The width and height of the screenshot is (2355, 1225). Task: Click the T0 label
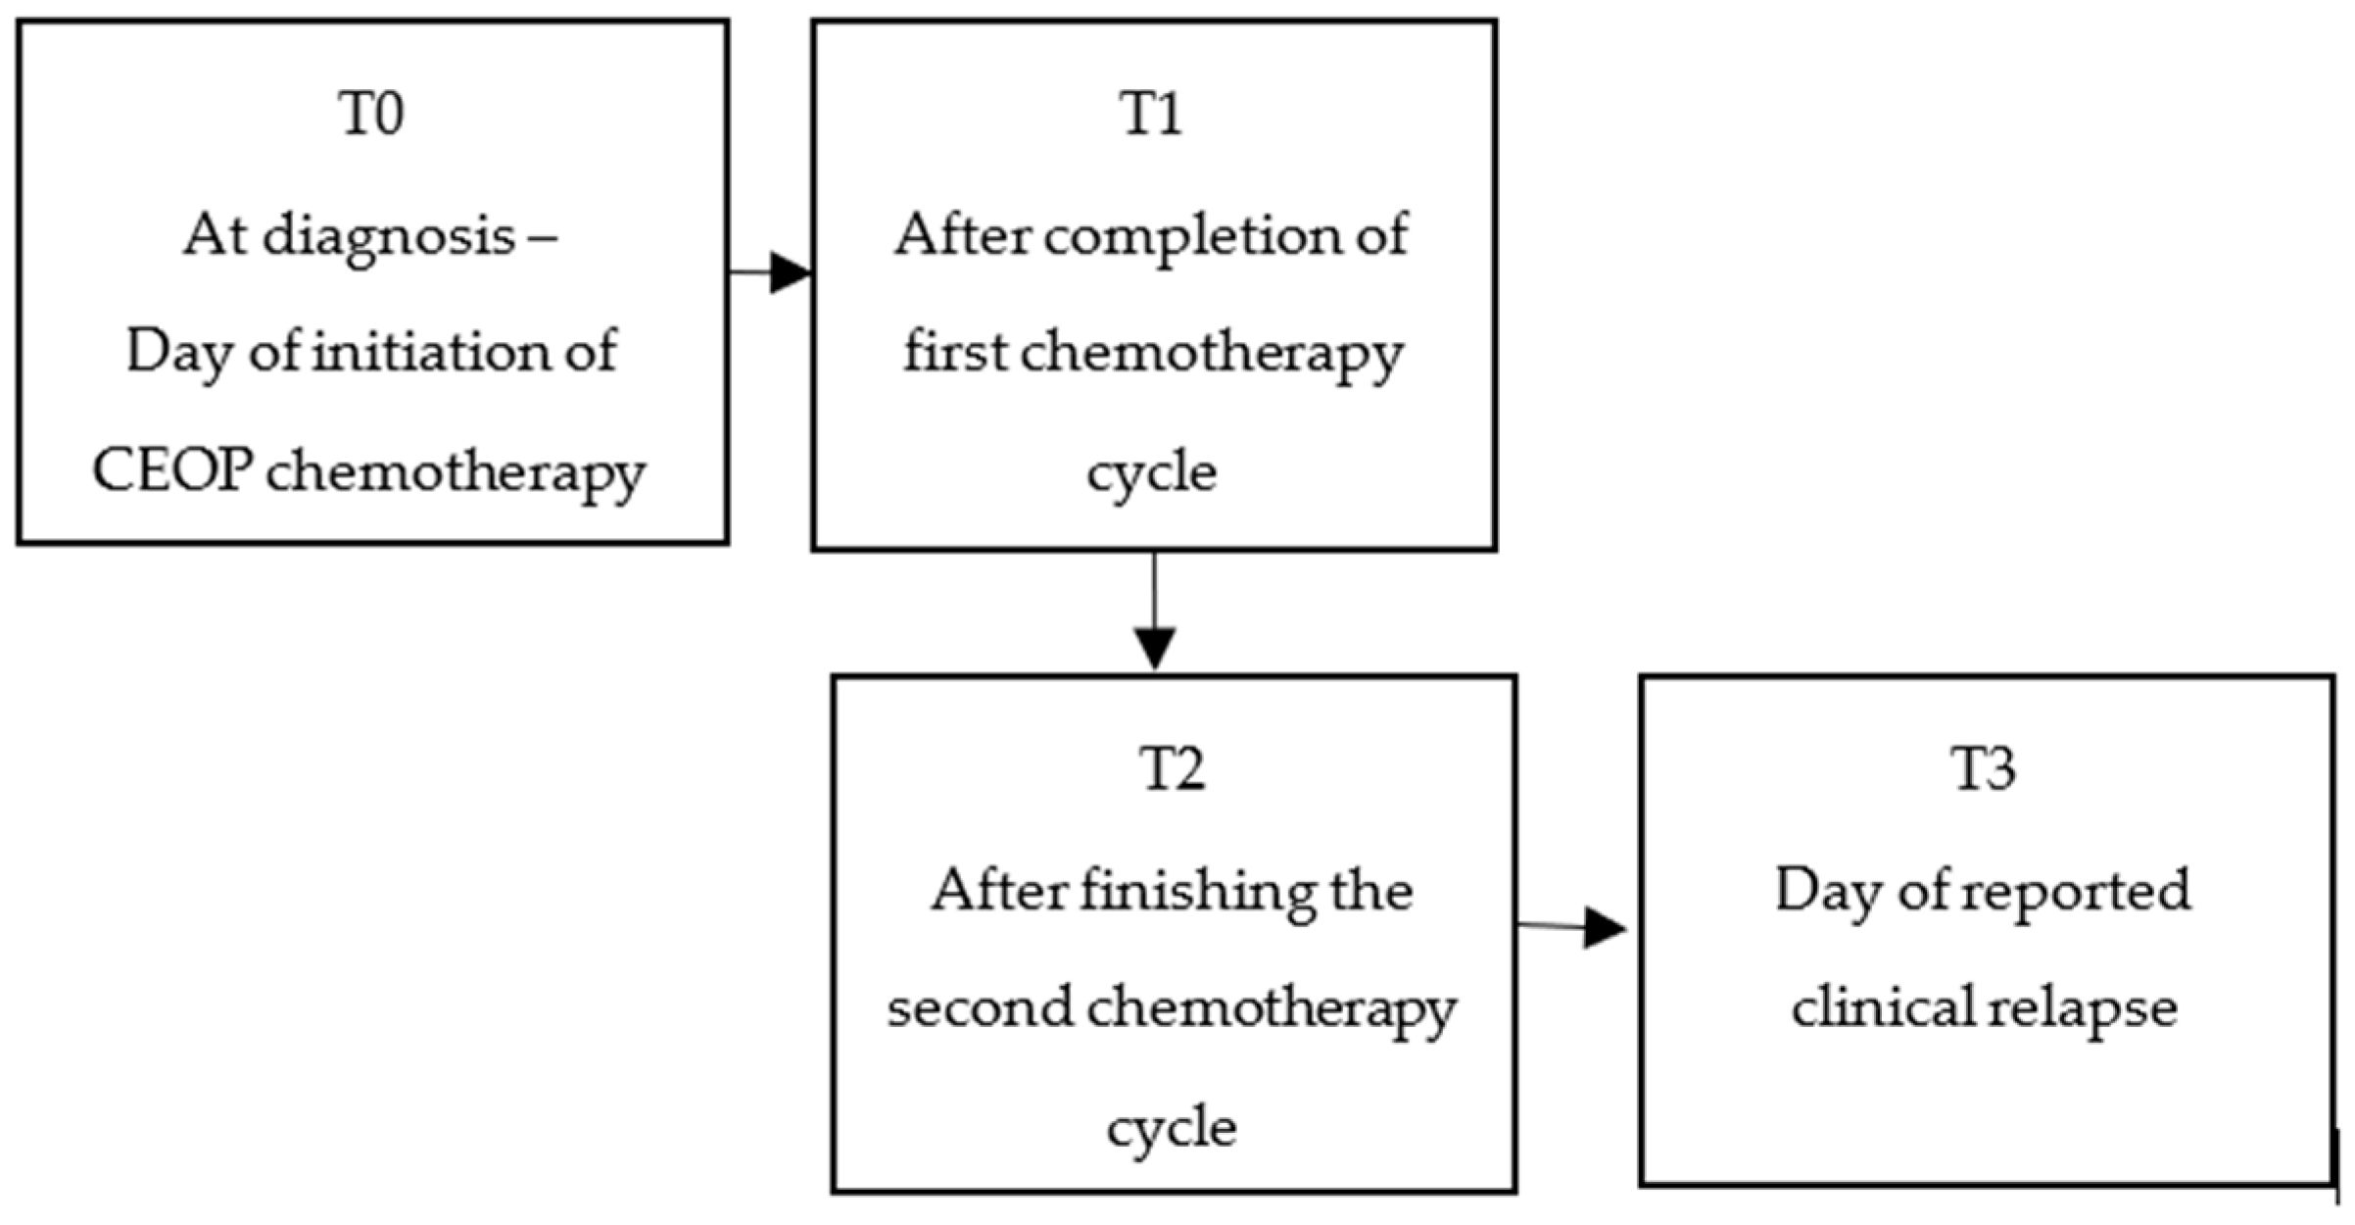point(371,114)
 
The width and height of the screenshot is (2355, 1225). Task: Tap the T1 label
point(1151,114)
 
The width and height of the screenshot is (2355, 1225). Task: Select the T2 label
point(1173,769)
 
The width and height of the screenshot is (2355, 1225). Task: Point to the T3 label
point(1984,769)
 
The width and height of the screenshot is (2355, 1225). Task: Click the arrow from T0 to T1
point(771,272)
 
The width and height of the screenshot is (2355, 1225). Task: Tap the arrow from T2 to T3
point(1571,926)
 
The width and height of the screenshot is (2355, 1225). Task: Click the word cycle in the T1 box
point(1151,474)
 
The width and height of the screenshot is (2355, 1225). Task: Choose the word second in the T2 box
point(980,1008)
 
